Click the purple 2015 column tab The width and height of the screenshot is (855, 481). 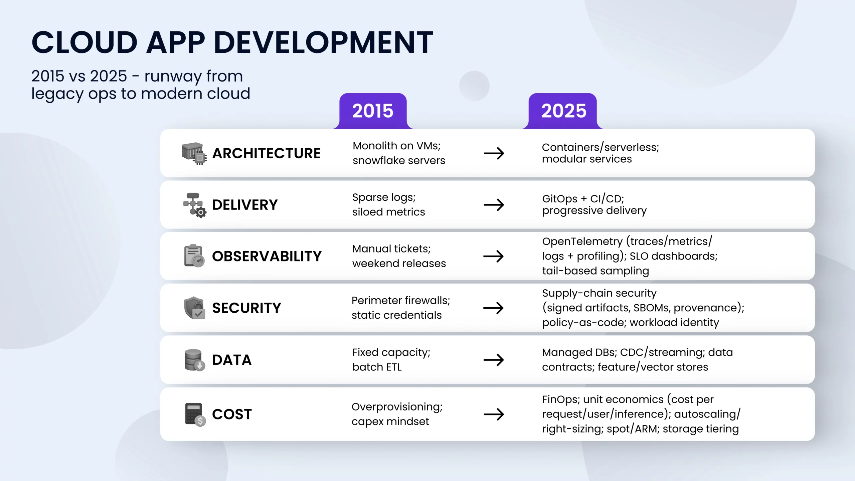click(373, 111)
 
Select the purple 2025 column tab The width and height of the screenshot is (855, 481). click(563, 111)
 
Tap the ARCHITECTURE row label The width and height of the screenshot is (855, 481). click(266, 153)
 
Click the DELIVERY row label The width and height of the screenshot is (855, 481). click(245, 205)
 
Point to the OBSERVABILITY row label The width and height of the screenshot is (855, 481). click(267, 256)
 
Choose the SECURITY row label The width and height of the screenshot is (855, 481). click(246, 308)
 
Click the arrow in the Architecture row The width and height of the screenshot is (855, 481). click(494, 153)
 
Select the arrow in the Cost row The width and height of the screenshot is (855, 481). click(494, 414)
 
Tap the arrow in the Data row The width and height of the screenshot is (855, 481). click(494, 360)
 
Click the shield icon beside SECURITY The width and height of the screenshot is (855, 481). click(194, 308)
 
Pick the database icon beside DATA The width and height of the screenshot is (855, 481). click(195, 360)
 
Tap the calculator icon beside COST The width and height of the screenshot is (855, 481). click(195, 415)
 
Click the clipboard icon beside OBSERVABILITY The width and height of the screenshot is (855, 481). click(194, 256)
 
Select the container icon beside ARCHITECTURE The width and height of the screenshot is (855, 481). click(194, 153)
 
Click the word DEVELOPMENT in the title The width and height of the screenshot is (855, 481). click(323, 42)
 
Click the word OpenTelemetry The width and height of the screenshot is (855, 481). click(582, 242)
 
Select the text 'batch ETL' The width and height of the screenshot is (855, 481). click(377, 367)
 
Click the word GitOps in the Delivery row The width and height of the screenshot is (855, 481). click(560, 199)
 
